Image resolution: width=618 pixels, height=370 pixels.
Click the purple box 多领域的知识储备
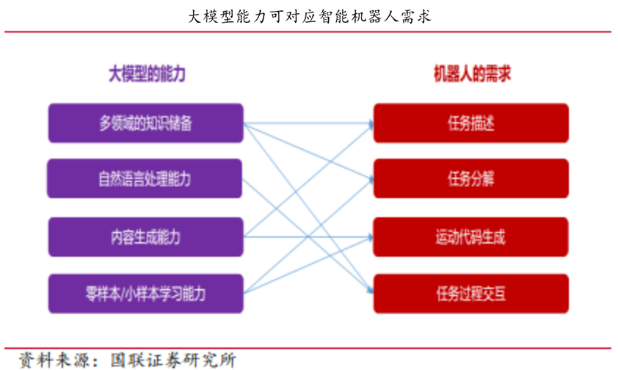coord(146,123)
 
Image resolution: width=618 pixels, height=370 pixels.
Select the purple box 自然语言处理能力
coord(145,178)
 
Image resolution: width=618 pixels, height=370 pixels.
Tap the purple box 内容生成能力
coord(146,237)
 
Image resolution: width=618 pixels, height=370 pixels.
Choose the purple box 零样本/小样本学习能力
coord(146,294)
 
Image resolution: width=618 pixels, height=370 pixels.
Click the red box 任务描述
coord(471,123)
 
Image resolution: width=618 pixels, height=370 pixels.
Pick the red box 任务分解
coord(471,178)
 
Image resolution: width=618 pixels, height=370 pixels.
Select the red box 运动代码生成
coord(471,237)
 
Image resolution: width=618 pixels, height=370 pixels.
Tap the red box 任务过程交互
coord(471,294)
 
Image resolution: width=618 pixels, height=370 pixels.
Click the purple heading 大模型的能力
coord(147,73)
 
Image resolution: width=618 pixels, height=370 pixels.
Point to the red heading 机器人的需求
coord(472,73)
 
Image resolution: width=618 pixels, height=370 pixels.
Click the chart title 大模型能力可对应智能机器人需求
coord(310,17)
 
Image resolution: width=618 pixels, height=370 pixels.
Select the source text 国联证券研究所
coord(173,360)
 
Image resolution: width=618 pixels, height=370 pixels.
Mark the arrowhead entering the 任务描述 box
coord(371,125)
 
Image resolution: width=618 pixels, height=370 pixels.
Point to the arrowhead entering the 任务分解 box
coord(371,180)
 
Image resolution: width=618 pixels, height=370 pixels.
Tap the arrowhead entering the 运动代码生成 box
coord(371,237)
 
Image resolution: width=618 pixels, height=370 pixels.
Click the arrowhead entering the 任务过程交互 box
coord(370,291)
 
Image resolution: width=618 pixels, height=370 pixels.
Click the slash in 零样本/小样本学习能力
coord(123,294)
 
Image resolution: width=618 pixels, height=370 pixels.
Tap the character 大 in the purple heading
coord(114,73)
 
